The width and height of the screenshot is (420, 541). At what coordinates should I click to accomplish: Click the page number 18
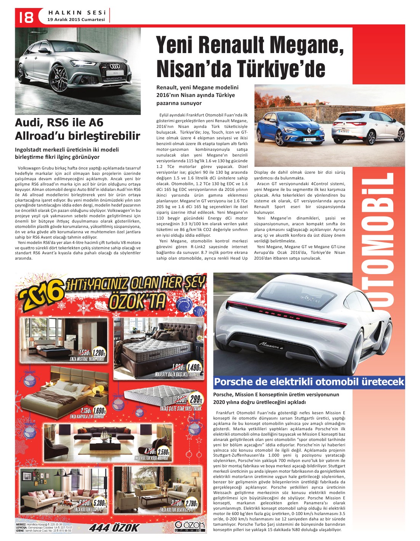pos(24,16)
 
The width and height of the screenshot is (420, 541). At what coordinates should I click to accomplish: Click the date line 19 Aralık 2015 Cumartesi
pos(76,19)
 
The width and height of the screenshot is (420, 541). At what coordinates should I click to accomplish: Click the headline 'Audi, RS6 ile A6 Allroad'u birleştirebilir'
pos(77,129)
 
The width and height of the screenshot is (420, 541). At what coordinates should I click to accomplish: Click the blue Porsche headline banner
pos(309,382)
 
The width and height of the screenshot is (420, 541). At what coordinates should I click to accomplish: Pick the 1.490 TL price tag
pos(194,368)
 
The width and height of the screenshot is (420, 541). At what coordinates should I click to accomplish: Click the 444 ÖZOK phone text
pos(114,528)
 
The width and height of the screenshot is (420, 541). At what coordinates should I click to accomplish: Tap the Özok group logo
pos(187,526)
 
